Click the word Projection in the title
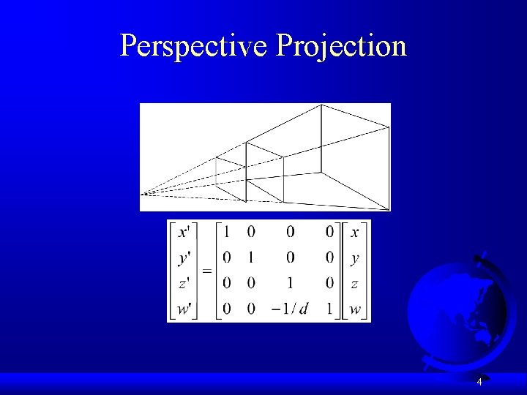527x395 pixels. pos(341,45)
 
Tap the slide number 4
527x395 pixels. pos(479,382)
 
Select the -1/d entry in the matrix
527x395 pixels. pos(289,309)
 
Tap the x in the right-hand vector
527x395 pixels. pos(355,232)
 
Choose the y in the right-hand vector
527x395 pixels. pos(355,258)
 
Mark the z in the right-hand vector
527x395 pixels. pos(355,283)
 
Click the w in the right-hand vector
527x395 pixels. pos(355,309)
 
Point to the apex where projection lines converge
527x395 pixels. pos(144,194)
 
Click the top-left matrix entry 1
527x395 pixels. pos(227,232)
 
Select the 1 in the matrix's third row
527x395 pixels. pos(290,283)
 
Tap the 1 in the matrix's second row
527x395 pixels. pos(251,258)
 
